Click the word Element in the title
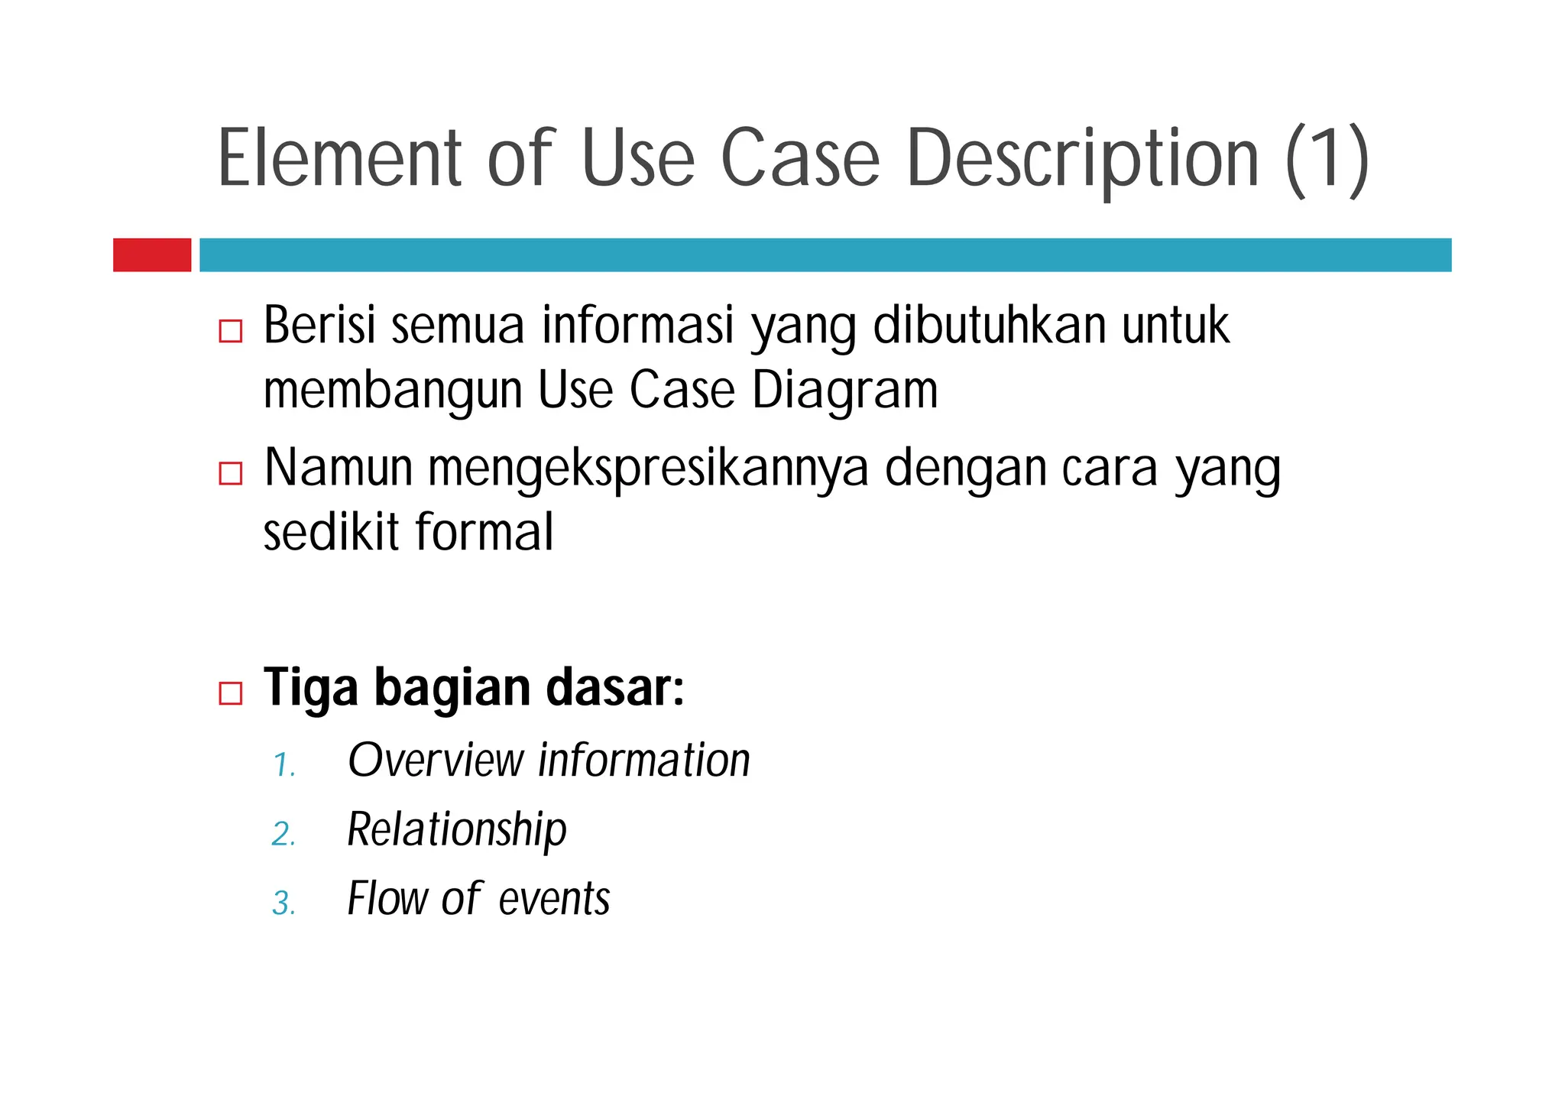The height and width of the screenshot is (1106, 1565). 341,158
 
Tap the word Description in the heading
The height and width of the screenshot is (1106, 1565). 1082,158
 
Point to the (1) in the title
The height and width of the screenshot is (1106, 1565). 1327,160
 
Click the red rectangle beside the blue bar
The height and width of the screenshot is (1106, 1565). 152,255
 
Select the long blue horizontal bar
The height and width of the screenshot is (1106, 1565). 825,255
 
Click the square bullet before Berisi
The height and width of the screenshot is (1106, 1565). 230,331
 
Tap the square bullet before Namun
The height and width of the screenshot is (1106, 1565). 230,473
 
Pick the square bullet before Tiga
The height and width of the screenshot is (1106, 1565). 230,692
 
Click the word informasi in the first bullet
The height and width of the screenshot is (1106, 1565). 638,325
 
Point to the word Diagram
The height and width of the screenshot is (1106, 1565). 844,391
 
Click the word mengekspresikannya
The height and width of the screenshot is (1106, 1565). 648,468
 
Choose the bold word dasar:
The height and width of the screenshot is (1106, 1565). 614,687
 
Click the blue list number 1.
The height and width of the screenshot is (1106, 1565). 284,765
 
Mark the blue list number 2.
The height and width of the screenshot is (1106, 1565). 284,834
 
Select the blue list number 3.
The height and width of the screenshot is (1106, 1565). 284,903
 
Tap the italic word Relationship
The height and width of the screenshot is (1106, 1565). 457,830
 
